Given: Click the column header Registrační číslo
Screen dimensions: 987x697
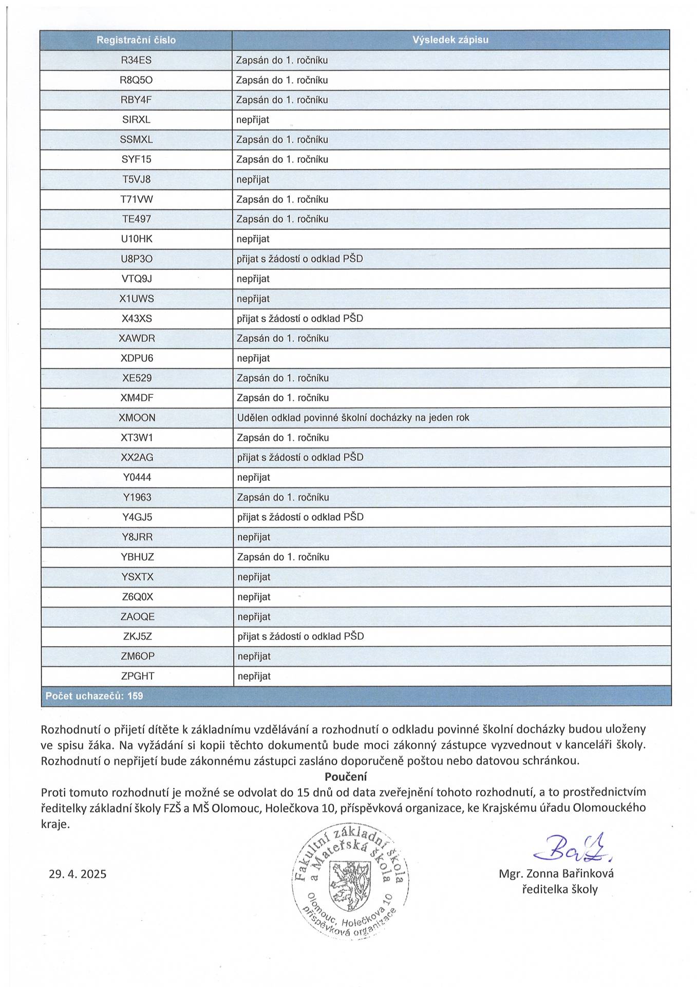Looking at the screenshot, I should [x=136, y=40].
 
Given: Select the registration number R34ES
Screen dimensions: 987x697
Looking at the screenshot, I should [x=136, y=60].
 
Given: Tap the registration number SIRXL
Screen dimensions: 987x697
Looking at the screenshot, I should [x=136, y=120].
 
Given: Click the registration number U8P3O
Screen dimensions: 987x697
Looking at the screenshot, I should [x=136, y=259].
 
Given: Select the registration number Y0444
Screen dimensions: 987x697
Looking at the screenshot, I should [x=137, y=478].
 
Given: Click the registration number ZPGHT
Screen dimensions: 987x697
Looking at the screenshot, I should [x=137, y=677].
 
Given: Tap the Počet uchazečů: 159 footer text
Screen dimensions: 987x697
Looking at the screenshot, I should [x=95, y=696].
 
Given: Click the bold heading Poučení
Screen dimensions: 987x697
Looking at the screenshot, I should [x=345, y=776].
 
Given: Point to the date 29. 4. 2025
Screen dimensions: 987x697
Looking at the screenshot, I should [x=78, y=874].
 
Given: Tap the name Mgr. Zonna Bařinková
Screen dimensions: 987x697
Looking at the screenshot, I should [x=556, y=873].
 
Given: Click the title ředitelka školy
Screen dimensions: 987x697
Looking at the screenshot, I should [x=559, y=889].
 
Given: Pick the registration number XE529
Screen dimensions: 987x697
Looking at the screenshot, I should [x=137, y=378].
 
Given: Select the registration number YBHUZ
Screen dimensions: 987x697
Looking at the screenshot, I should [x=137, y=557].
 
